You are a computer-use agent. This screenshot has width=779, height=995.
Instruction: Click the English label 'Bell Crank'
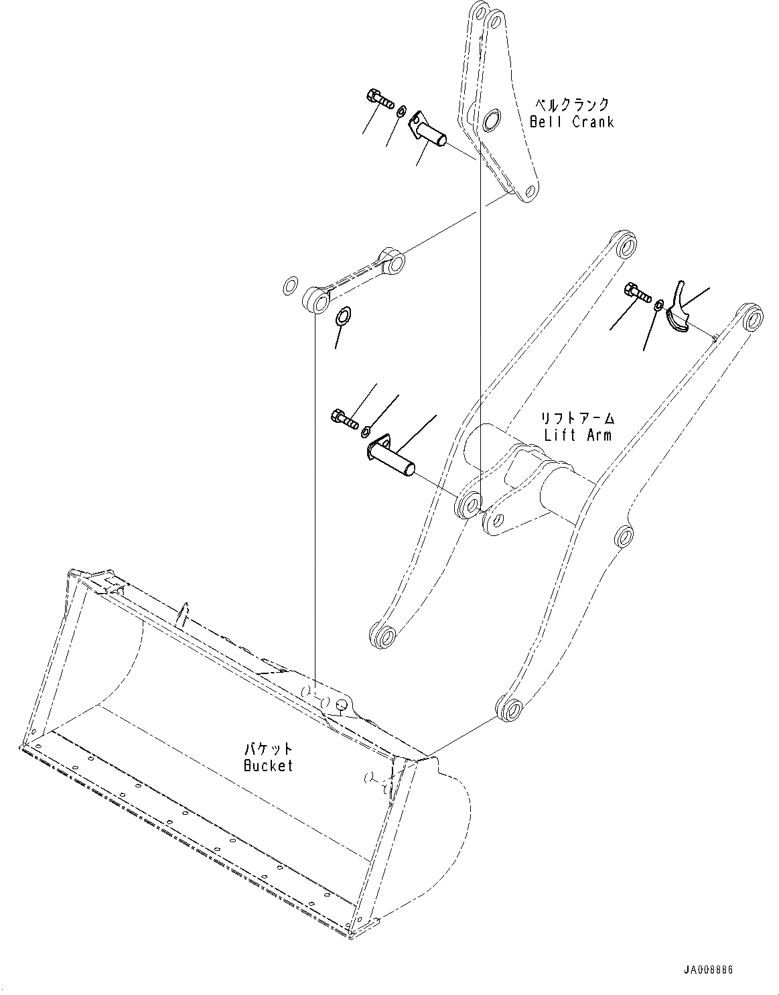571,122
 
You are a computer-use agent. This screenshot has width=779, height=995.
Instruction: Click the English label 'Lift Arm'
577,435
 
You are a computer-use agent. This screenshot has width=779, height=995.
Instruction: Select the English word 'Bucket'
268,765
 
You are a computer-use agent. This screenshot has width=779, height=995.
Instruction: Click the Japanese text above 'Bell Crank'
571,105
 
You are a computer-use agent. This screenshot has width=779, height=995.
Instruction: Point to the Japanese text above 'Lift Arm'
577,419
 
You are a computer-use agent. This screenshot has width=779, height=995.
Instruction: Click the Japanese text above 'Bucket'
268,748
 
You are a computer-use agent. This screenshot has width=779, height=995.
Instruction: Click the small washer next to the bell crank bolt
401,111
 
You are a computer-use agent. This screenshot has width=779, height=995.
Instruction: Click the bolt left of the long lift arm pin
343,418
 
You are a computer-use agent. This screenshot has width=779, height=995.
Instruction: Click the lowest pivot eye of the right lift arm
509,708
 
